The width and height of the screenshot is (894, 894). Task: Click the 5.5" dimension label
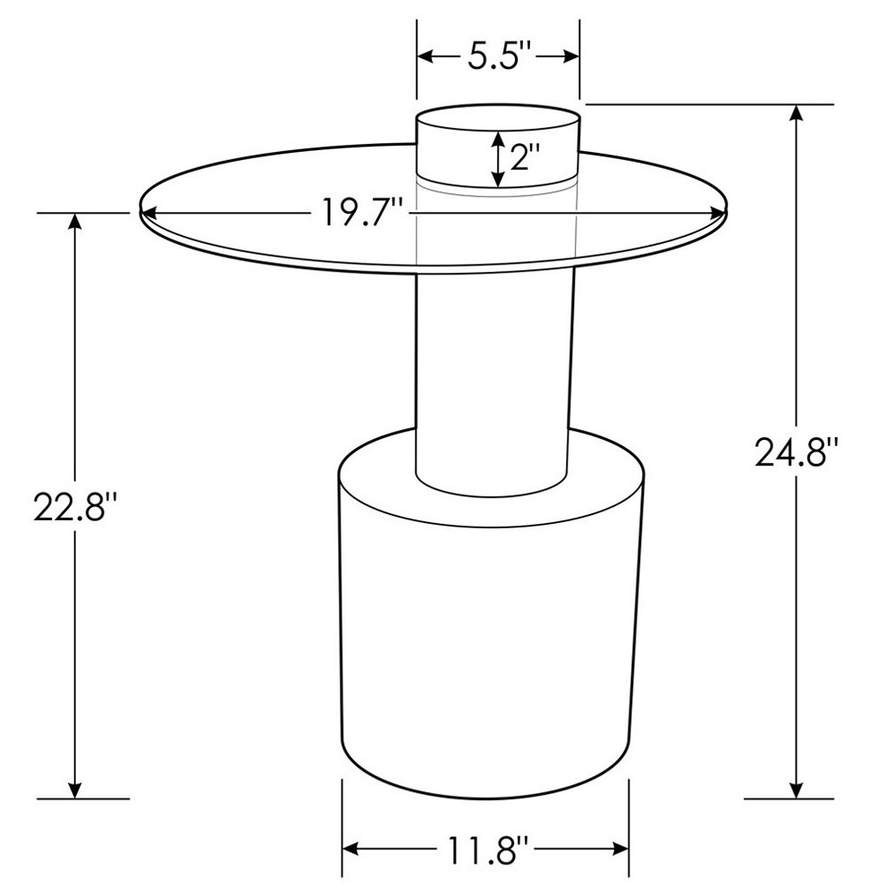click(498, 57)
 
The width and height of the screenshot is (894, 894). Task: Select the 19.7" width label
click(362, 215)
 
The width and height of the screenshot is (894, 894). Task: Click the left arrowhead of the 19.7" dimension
click(148, 214)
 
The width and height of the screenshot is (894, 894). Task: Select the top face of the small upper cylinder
click(498, 121)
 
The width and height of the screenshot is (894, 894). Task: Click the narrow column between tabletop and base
click(493, 375)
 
